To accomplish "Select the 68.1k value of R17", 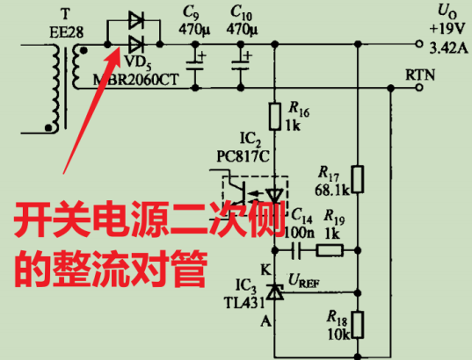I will tap(330, 189).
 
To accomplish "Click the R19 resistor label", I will tap(333, 214).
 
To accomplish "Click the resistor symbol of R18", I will tap(358, 324).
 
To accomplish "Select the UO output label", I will tap(447, 11).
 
